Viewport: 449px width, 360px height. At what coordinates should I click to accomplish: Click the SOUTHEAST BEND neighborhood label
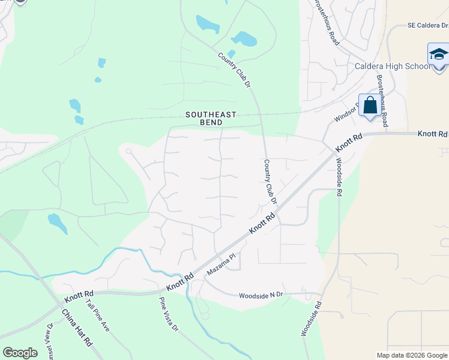coord(211,118)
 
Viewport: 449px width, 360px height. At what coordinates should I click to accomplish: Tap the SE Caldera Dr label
coord(427,26)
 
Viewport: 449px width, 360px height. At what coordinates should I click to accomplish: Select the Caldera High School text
coord(393,66)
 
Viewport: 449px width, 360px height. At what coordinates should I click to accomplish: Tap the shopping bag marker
coord(370,106)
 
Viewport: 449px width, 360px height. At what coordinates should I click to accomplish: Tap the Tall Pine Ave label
coord(97,316)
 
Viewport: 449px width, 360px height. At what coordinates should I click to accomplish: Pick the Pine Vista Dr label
coord(169,314)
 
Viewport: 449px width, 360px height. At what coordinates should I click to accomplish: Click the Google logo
coord(20,353)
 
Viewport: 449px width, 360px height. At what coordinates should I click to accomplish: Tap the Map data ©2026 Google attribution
coord(412,355)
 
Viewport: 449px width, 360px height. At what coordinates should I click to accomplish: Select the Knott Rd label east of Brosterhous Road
coord(433,133)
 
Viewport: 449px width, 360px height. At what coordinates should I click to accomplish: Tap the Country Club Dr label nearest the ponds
coord(235,70)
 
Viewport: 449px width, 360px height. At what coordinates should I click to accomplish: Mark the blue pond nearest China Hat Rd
coord(57,223)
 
